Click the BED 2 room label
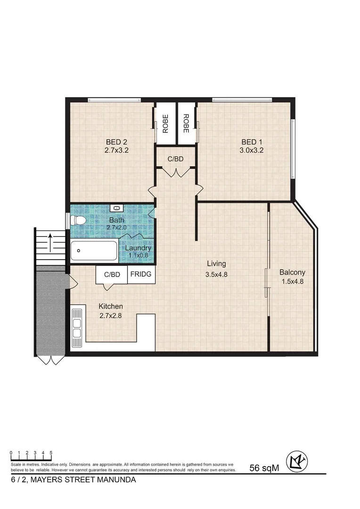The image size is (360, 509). click(x=116, y=142)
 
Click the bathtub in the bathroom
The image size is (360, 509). click(x=94, y=251)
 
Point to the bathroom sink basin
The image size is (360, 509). click(x=116, y=208)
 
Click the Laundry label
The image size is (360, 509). click(x=138, y=248)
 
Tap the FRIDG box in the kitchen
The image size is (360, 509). click(x=141, y=274)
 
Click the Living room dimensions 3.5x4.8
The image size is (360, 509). click(x=216, y=274)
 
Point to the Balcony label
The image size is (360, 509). click(x=292, y=272)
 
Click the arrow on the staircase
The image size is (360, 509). click(x=50, y=242)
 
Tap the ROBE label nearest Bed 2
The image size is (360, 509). click(x=165, y=123)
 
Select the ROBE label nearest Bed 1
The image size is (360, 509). click(x=186, y=123)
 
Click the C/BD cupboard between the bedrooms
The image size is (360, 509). click(x=176, y=159)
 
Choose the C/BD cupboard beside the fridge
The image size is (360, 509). click(x=112, y=274)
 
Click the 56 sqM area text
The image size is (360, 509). click(x=264, y=468)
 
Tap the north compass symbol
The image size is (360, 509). click(x=297, y=460)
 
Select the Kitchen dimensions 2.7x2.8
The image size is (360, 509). click(x=111, y=316)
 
